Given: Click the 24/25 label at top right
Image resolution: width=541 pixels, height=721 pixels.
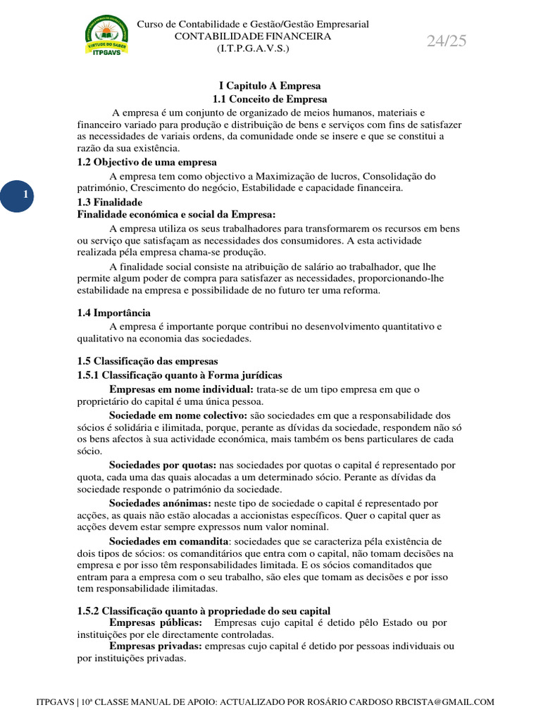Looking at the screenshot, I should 447,41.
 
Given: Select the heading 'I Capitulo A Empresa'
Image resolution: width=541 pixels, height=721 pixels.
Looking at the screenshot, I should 260,86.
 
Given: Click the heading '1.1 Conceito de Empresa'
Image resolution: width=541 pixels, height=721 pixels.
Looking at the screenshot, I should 260,99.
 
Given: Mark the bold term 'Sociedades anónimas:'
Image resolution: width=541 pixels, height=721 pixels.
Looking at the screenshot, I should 160,503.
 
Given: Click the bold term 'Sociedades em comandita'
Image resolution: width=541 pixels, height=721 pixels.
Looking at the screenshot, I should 169,541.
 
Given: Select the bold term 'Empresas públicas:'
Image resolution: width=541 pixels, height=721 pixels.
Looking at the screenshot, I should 156,623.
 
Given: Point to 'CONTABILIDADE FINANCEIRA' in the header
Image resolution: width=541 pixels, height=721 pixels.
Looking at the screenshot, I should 253,36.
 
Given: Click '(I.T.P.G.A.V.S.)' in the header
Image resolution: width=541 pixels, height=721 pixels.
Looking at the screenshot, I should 252,48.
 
